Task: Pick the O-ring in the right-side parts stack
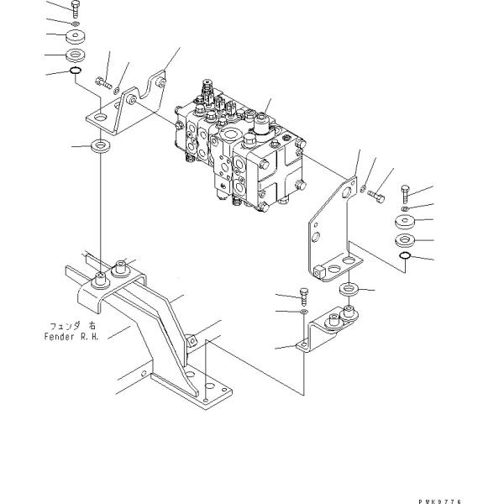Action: (x=404, y=256)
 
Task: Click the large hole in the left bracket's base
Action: (x=100, y=120)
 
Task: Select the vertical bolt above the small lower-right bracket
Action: (x=304, y=295)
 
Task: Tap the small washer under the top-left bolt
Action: (x=76, y=24)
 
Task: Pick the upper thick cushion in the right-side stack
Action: (x=405, y=223)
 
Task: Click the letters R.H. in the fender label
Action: (x=85, y=337)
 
